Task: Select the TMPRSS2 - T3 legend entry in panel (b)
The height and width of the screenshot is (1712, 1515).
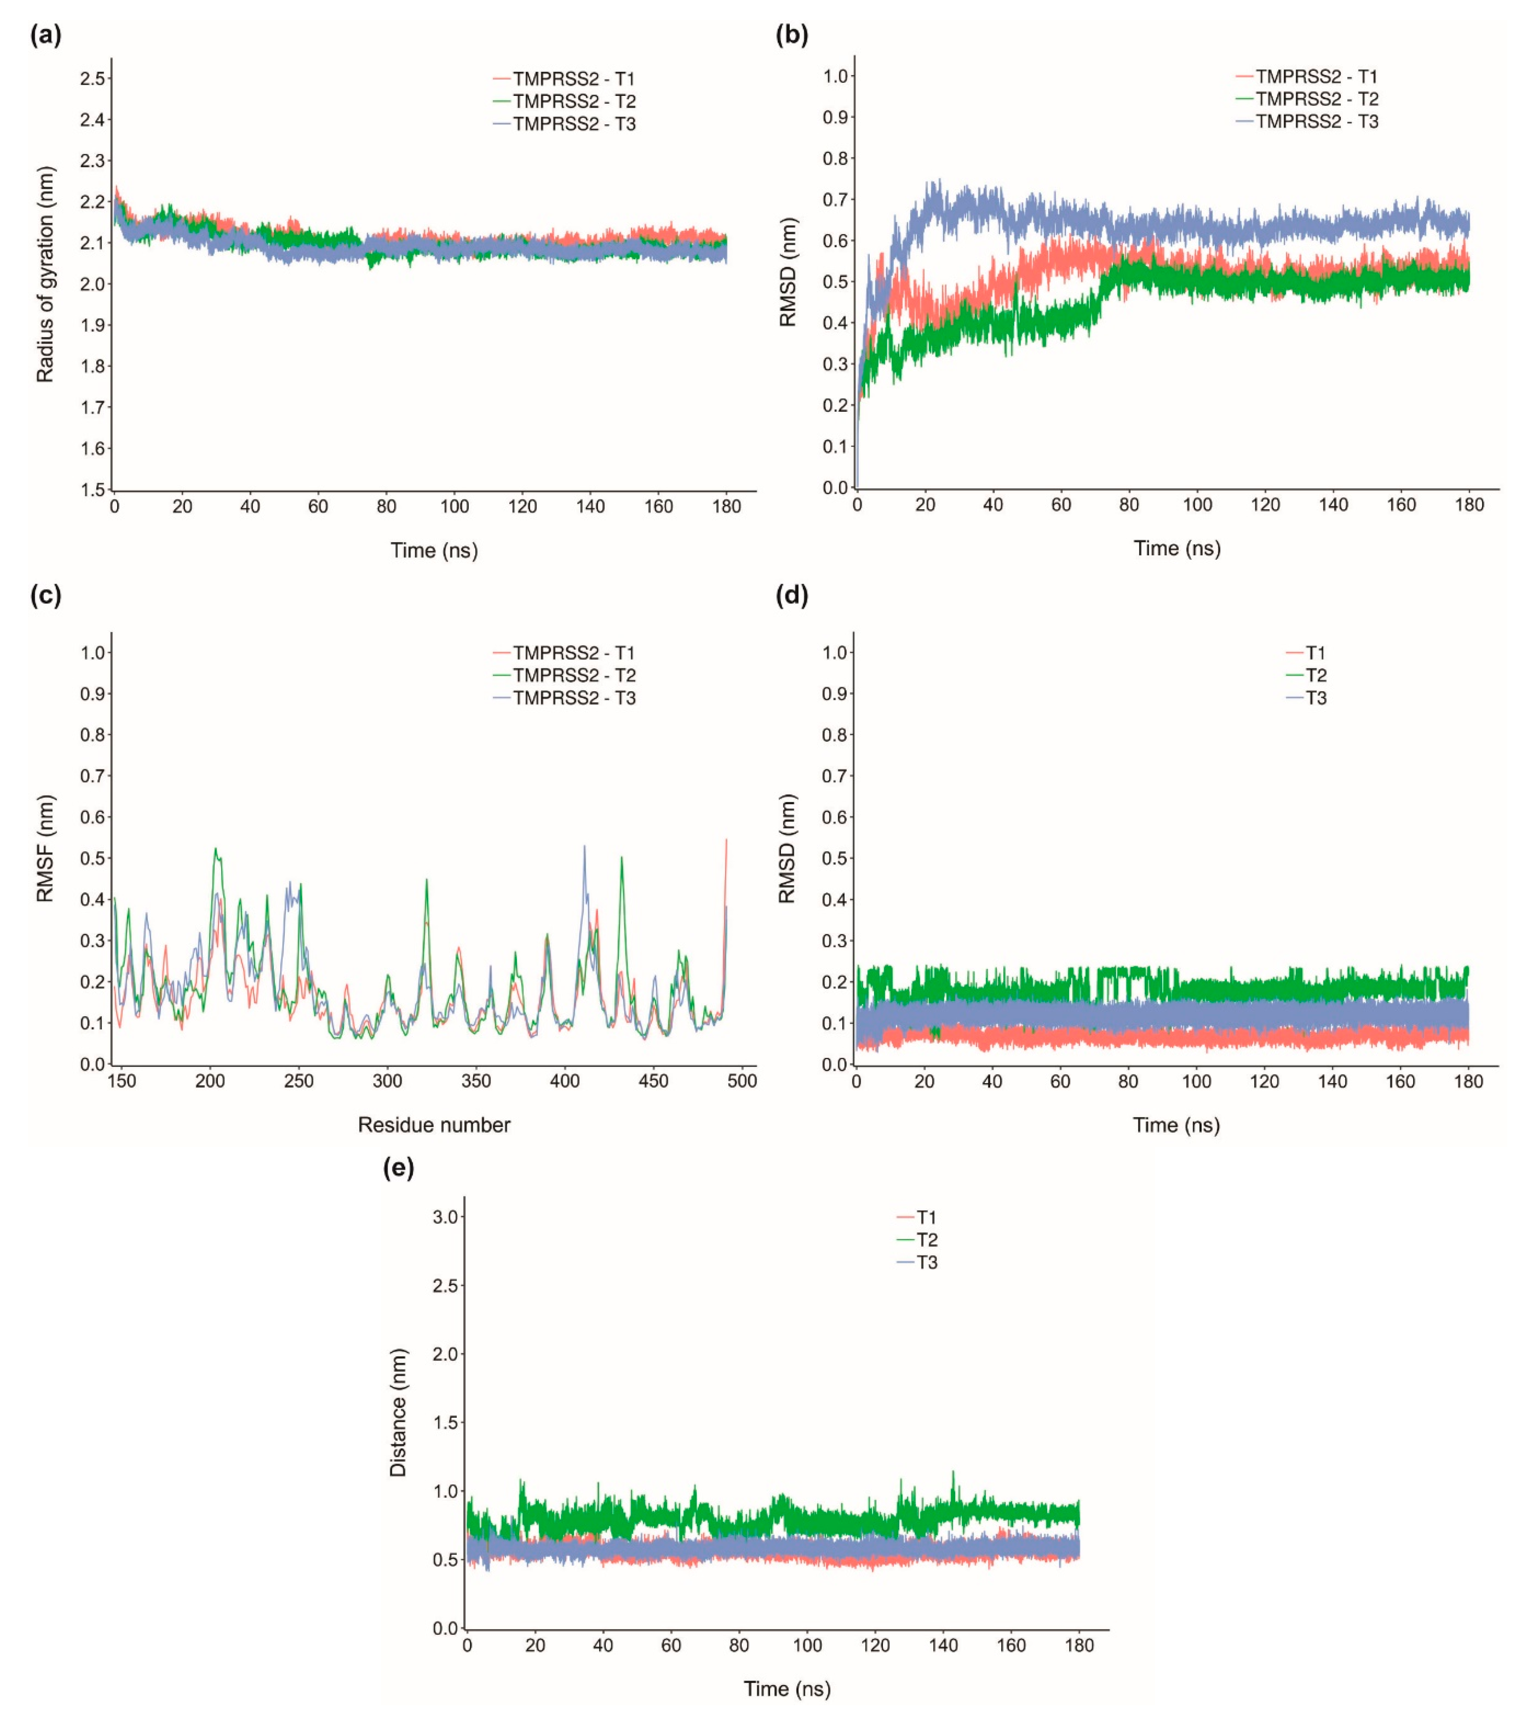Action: click(x=1316, y=122)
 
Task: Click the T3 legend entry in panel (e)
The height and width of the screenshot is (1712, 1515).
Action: click(x=926, y=1262)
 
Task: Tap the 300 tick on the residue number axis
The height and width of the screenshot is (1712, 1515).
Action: click(x=387, y=1081)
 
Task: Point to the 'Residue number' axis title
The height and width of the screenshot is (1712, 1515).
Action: click(x=434, y=1125)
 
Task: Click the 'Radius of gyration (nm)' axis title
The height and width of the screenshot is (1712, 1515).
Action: click(x=45, y=275)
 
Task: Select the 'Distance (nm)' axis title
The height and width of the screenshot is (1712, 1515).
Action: click(x=399, y=1412)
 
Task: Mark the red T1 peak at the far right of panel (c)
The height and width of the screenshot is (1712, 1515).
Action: click(x=726, y=840)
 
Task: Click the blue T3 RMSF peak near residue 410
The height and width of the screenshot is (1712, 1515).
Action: click(x=585, y=846)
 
